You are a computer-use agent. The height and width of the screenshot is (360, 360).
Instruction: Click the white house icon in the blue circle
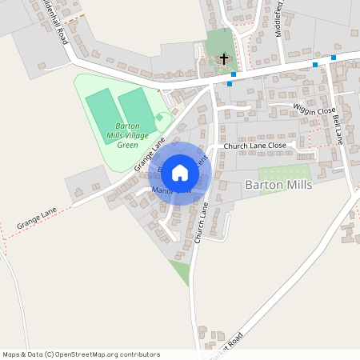(x=180, y=173)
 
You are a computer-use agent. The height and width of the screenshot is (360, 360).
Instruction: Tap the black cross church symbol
(x=224, y=58)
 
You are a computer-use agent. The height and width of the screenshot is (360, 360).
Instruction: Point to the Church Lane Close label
(x=254, y=146)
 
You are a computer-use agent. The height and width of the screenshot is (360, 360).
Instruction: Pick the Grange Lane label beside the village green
(x=150, y=154)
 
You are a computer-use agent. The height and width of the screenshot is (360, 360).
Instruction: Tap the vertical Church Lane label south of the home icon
(x=201, y=223)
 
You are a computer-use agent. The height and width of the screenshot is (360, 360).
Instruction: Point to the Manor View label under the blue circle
(x=170, y=191)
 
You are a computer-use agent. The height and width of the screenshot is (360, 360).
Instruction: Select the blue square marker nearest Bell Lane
(x=334, y=58)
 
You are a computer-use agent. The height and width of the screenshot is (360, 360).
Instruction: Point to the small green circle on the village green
(x=160, y=118)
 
